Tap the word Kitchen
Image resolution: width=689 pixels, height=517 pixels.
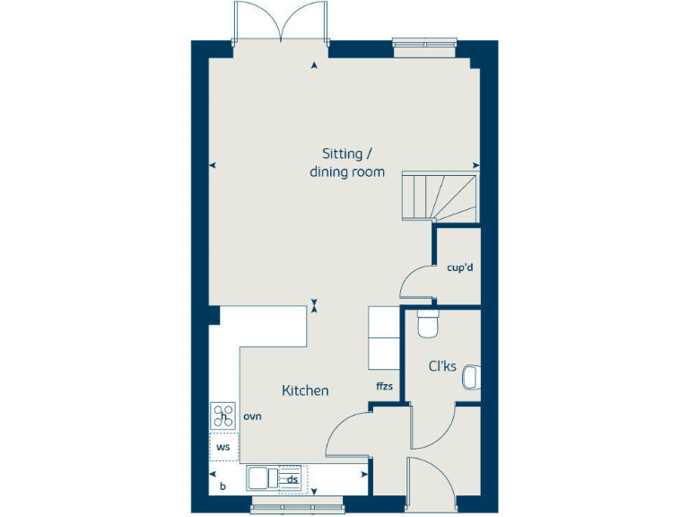click(x=305, y=390)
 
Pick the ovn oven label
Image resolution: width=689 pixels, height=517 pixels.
click(x=251, y=416)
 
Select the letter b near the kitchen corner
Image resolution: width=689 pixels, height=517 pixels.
click(x=222, y=486)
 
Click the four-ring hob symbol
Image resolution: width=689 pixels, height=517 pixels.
click(x=222, y=416)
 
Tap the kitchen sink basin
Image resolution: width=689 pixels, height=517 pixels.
click(x=263, y=477)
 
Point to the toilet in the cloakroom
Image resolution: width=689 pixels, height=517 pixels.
click(x=427, y=324)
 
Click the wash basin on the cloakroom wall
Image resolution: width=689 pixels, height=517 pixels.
click(x=471, y=380)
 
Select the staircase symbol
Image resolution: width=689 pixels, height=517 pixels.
click(x=440, y=196)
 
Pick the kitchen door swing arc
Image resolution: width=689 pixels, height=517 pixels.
click(x=346, y=431)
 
